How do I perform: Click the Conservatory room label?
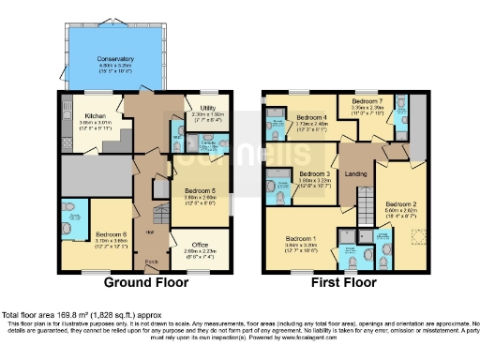[115, 59]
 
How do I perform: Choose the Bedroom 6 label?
[112, 233]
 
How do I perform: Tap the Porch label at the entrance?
[151, 262]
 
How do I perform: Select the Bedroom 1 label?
[301, 239]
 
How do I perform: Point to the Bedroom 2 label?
[400, 202]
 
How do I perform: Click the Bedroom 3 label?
[313, 174]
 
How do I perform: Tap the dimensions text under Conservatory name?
[115, 68]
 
